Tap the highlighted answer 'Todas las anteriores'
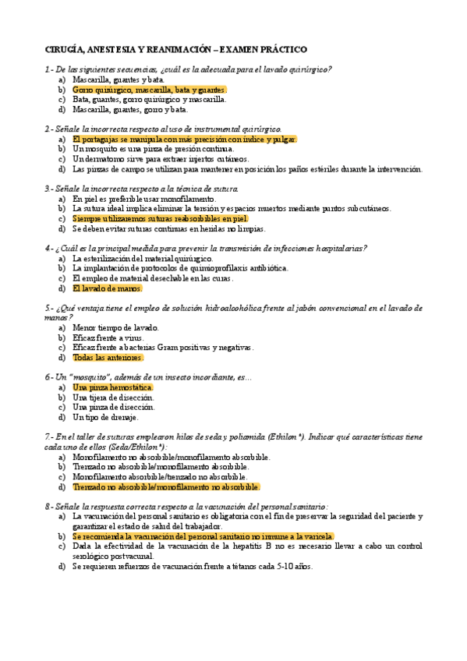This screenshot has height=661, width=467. click(108, 358)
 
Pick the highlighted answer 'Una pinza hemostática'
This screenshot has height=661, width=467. click(112, 387)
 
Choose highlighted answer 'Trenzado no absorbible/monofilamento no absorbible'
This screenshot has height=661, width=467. click(165, 486)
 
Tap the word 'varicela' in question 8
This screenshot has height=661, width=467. click(316, 536)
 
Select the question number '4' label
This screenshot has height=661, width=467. click(48, 248)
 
